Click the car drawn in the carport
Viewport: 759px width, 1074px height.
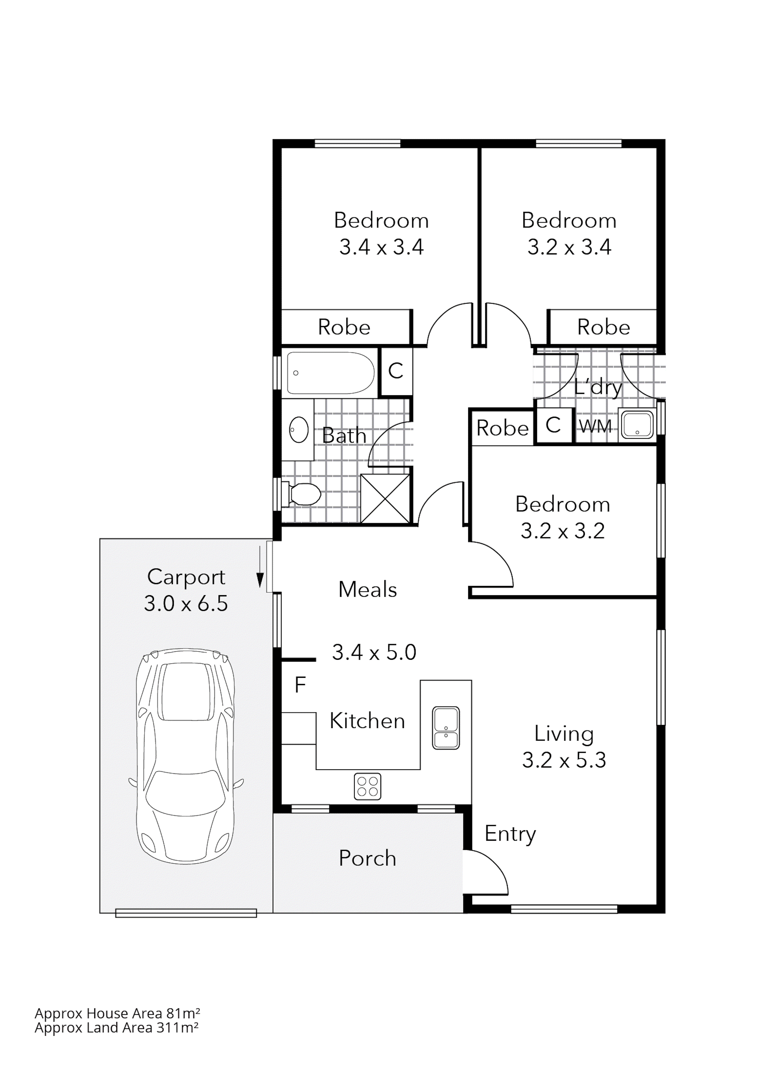point(186,757)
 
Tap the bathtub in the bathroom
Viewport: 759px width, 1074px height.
point(330,373)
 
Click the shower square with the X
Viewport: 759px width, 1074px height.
point(385,499)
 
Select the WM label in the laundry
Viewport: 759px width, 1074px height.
point(595,426)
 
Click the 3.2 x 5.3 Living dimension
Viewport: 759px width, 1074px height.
point(564,760)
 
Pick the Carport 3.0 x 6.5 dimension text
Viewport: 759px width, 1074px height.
point(186,603)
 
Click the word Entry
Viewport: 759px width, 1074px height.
point(510,834)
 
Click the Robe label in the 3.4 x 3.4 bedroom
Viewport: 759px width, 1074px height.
point(344,327)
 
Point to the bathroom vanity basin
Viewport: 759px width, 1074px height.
point(298,430)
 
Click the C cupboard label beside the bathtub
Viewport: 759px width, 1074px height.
point(396,371)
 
